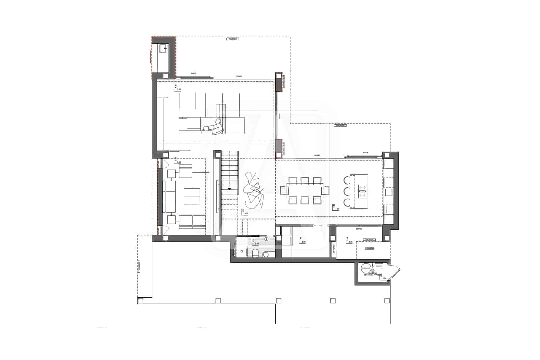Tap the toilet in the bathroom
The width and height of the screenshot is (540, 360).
point(255,253)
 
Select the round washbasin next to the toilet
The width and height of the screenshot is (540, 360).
point(266,254)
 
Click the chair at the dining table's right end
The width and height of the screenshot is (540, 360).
point(326,191)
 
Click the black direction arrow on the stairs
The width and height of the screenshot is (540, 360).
point(230,189)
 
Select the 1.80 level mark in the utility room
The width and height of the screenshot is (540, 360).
point(384,278)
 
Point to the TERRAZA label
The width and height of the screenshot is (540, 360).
point(369,248)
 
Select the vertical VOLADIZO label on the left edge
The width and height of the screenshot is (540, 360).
point(139,266)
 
